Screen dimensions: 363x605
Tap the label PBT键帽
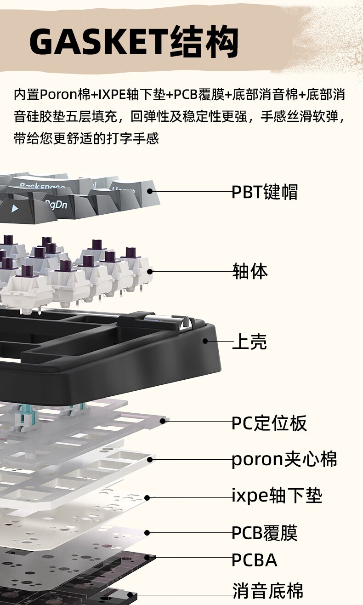265,192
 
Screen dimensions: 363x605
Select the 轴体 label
250,271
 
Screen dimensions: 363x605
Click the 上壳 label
250,342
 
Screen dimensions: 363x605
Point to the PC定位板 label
269,422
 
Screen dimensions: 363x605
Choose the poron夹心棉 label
284,459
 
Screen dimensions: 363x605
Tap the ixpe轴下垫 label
277,495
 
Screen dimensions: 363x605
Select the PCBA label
254,560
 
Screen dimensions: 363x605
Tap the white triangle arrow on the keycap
15,208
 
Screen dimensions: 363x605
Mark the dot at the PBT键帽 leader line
150,191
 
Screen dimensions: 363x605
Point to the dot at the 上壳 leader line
205,341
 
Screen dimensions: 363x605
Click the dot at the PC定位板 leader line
163,421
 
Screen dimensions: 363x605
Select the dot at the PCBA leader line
147,557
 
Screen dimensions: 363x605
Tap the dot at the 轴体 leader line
150,271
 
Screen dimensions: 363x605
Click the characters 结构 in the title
204,42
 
